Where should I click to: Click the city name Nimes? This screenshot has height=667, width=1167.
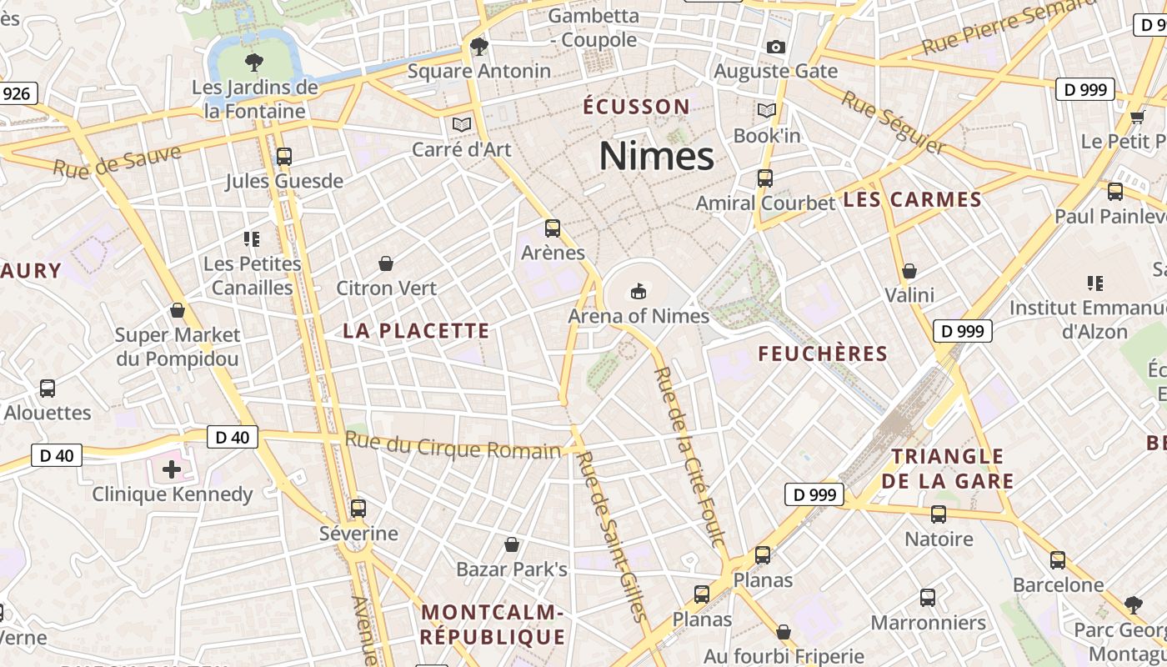click(656, 156)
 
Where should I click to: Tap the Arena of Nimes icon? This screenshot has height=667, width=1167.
click(639, 291)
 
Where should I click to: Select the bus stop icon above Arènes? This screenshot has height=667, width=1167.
click(552, 228)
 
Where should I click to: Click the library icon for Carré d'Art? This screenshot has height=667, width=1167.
click(461, 125)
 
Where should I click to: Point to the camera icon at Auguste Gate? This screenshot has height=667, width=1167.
click(775, 47)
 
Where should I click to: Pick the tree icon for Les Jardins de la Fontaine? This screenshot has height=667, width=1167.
click(254, 62)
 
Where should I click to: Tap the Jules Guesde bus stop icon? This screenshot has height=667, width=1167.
click(283, 156)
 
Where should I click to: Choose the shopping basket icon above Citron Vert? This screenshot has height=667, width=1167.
click(386, 263)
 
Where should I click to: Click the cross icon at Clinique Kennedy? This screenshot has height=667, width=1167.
click(172, 469)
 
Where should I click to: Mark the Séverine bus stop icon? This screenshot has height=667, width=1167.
click(358, 508)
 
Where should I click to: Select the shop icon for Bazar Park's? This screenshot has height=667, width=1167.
click(512, 544)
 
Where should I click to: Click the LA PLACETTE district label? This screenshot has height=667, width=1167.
click(416, 331)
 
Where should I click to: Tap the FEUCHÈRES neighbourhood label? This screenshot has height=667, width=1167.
click(822, 354)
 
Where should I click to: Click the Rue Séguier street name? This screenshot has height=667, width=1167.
click(893, 123)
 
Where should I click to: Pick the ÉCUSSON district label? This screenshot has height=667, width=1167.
click(636, 107)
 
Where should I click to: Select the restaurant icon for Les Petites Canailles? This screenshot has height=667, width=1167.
click(252, 239)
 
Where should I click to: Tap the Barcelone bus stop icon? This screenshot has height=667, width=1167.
click(1057, 560)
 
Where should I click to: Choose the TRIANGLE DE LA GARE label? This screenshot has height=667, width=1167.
click(948, 469)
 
